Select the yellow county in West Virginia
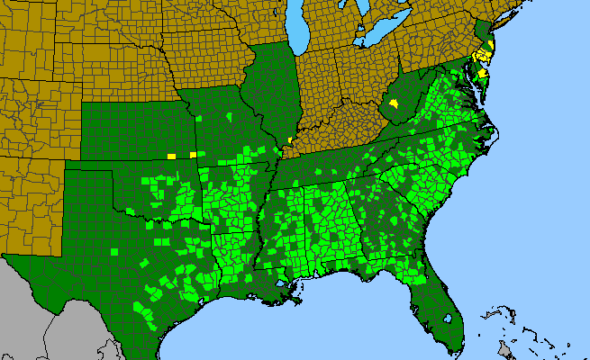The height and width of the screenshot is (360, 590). coord(394,107)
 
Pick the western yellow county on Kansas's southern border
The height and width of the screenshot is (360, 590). coord(171,156)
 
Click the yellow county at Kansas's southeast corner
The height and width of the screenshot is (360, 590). coord(193,155)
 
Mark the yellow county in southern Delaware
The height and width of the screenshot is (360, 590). coord(483,74)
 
